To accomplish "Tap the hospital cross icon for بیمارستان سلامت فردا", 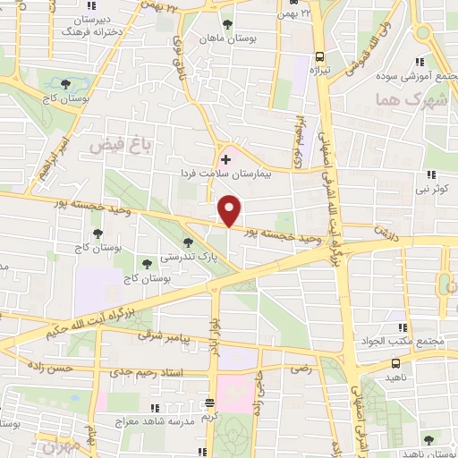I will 225,160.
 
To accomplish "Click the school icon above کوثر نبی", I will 431,174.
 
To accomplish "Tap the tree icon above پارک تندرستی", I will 188,242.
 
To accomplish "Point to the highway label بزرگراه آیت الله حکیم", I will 100,320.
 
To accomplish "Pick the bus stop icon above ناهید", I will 395,364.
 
